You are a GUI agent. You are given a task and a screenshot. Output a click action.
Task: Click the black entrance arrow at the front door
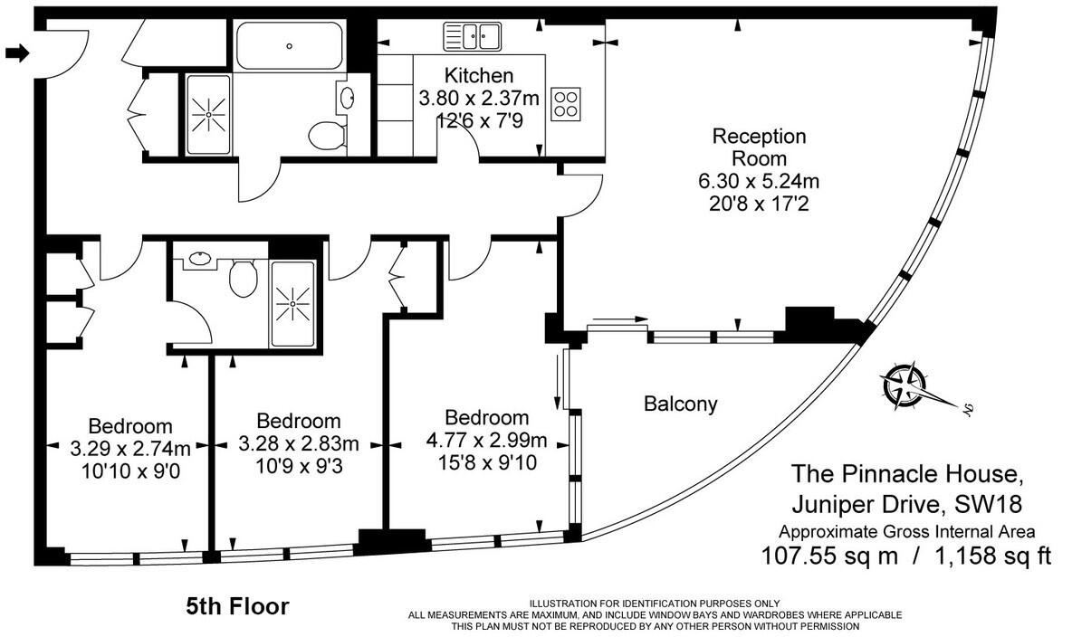click(17, 53)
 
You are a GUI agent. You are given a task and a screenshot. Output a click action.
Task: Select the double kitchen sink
click(472, 37)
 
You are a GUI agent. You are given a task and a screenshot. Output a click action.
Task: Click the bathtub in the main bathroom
click(290, 45)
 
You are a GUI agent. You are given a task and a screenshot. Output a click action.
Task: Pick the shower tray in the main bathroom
click(209, 114)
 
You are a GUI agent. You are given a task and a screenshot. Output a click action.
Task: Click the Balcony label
click(680, 404)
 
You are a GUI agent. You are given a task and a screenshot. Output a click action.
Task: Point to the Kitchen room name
click(479, 76)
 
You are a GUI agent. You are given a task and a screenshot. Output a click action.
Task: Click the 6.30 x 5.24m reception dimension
click(759, 181)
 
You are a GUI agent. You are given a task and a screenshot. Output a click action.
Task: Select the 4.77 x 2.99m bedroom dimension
click(486, 441)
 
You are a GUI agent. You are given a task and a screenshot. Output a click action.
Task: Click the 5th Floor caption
click(237, 605)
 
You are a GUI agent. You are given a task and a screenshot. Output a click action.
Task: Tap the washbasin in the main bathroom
click(347, 97)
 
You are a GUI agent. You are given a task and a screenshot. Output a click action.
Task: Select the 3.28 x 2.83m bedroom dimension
click(298, 443)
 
